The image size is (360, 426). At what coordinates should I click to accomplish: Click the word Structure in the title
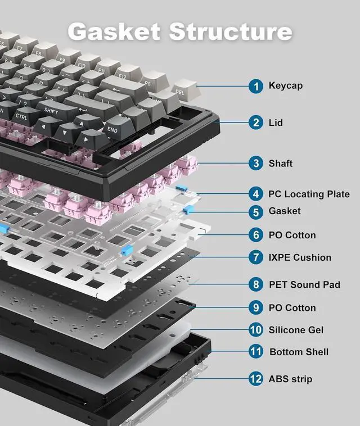pyautogui.click(x=231, y=31)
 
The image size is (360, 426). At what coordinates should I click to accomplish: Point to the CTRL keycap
pyautogui.click(x=21, y=116)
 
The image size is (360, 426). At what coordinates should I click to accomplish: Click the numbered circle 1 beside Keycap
pyautogui.click(x=256, y=86)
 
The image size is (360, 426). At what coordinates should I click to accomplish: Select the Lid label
pyautogui.click(x=276, y=123)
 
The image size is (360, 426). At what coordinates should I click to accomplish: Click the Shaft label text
pyautogui.click(x=280, y=164)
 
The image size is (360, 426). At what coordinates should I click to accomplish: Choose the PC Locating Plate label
pyautogui.click(x=309, y=194)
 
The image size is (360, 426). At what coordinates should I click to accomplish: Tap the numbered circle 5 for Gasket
pyautogui.click(x=256, y=211)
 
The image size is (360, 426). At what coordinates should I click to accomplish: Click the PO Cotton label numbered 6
pyautogui.click(x=292, y=235)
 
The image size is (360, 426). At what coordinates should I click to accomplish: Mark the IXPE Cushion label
pyautogui.click(x=300, y=257)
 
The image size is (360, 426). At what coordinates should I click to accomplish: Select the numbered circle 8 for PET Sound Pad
pyautogui.click(x=256, y=285)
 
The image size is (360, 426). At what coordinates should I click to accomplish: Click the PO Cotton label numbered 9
pyautogui.click(x=292, y=308)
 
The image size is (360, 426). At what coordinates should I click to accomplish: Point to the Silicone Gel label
pyautogui.click(x=296, y=330)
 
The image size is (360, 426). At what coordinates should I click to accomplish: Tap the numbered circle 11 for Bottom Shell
pyautogui.click(x=256, y=352)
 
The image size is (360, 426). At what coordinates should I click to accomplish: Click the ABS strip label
pyautogui.click(x=290, y=379)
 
